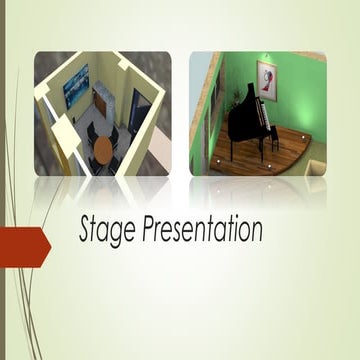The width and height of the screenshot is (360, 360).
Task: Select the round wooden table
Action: tap(104, 151)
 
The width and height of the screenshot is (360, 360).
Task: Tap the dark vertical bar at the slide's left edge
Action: tap(3, 180)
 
